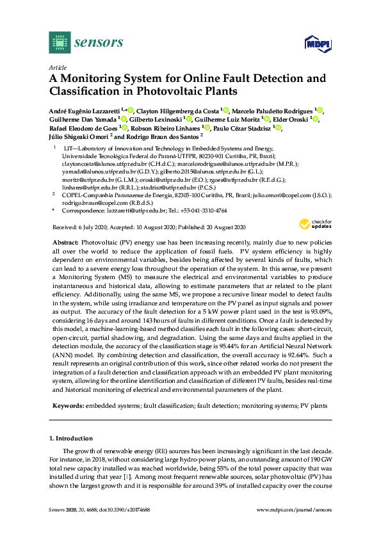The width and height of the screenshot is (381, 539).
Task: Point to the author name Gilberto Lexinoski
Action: (x=156, y=119)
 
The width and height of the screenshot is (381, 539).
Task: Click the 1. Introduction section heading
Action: (x=71, y=438)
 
